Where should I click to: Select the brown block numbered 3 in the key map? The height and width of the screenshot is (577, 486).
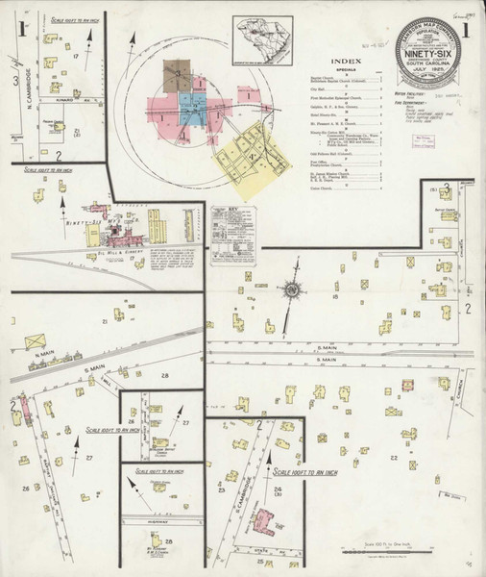coord(178,77)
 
